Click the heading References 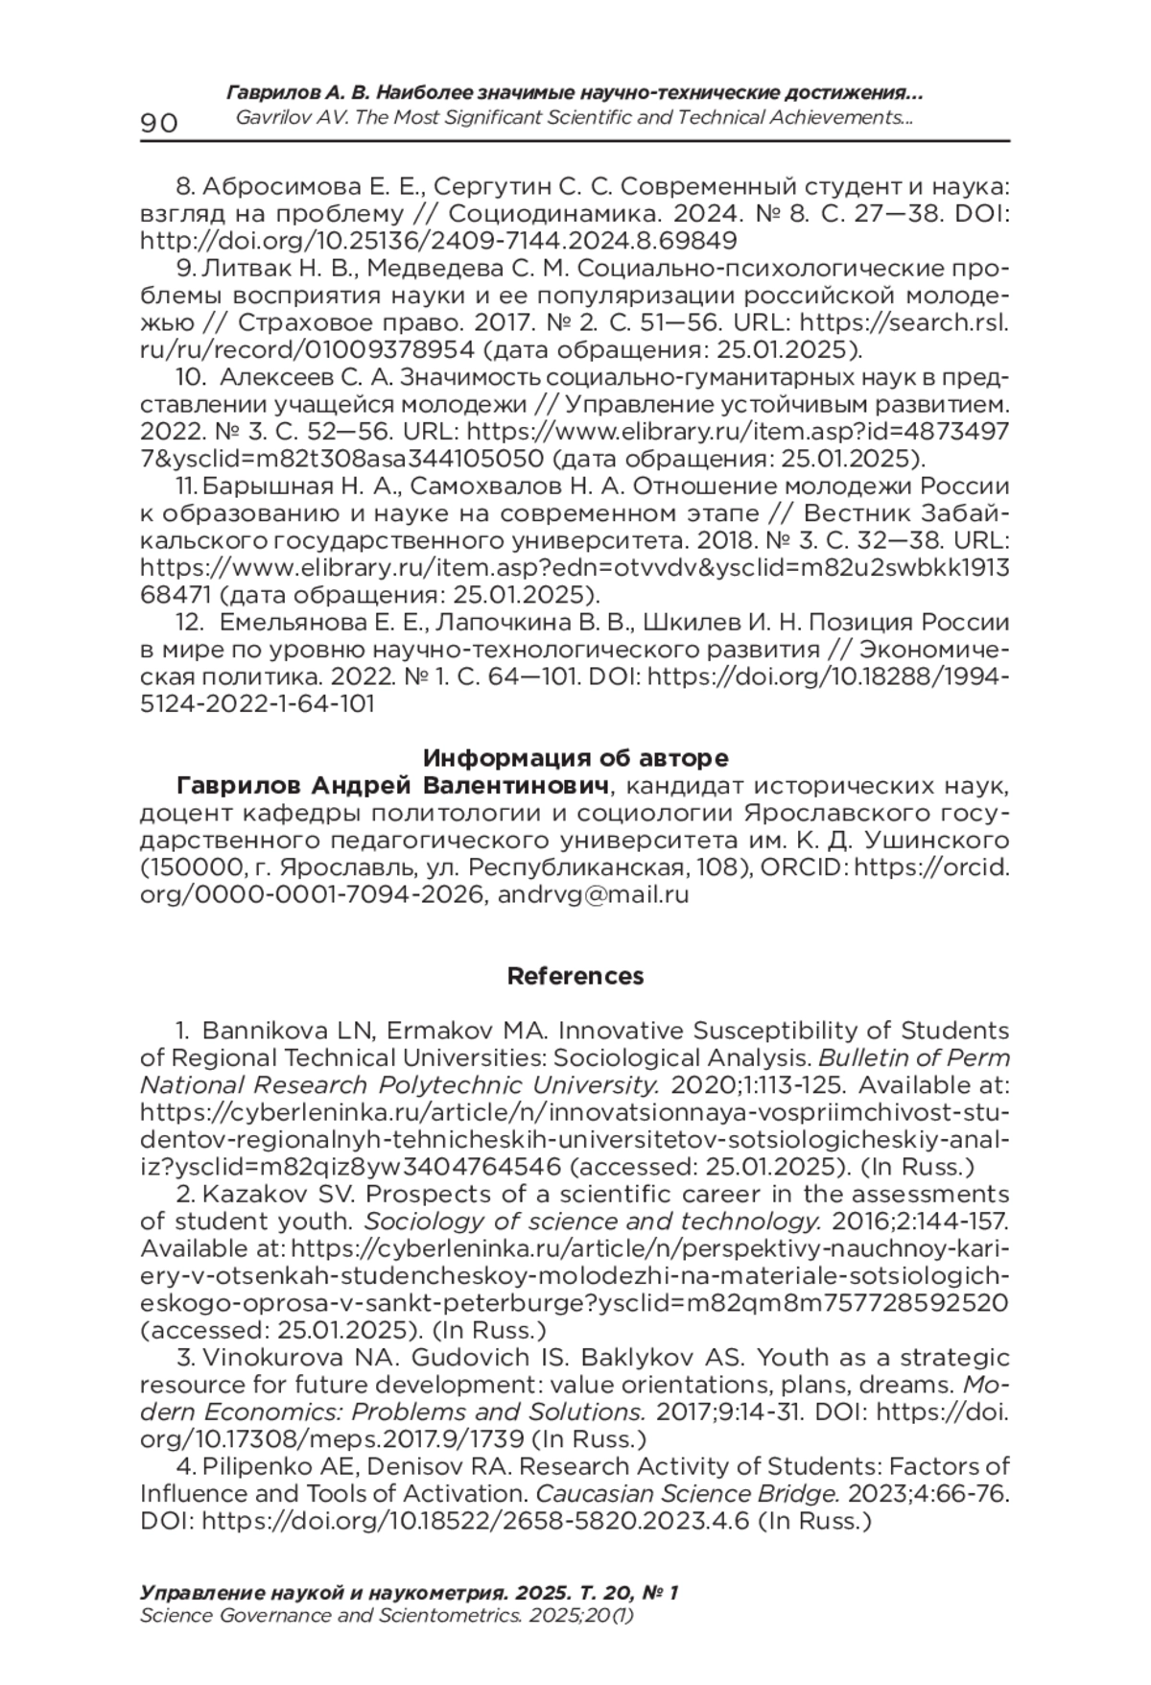[575, 976]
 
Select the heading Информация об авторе [575, 758]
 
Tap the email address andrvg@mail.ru [594, 895]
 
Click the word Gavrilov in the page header [271, 118]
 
